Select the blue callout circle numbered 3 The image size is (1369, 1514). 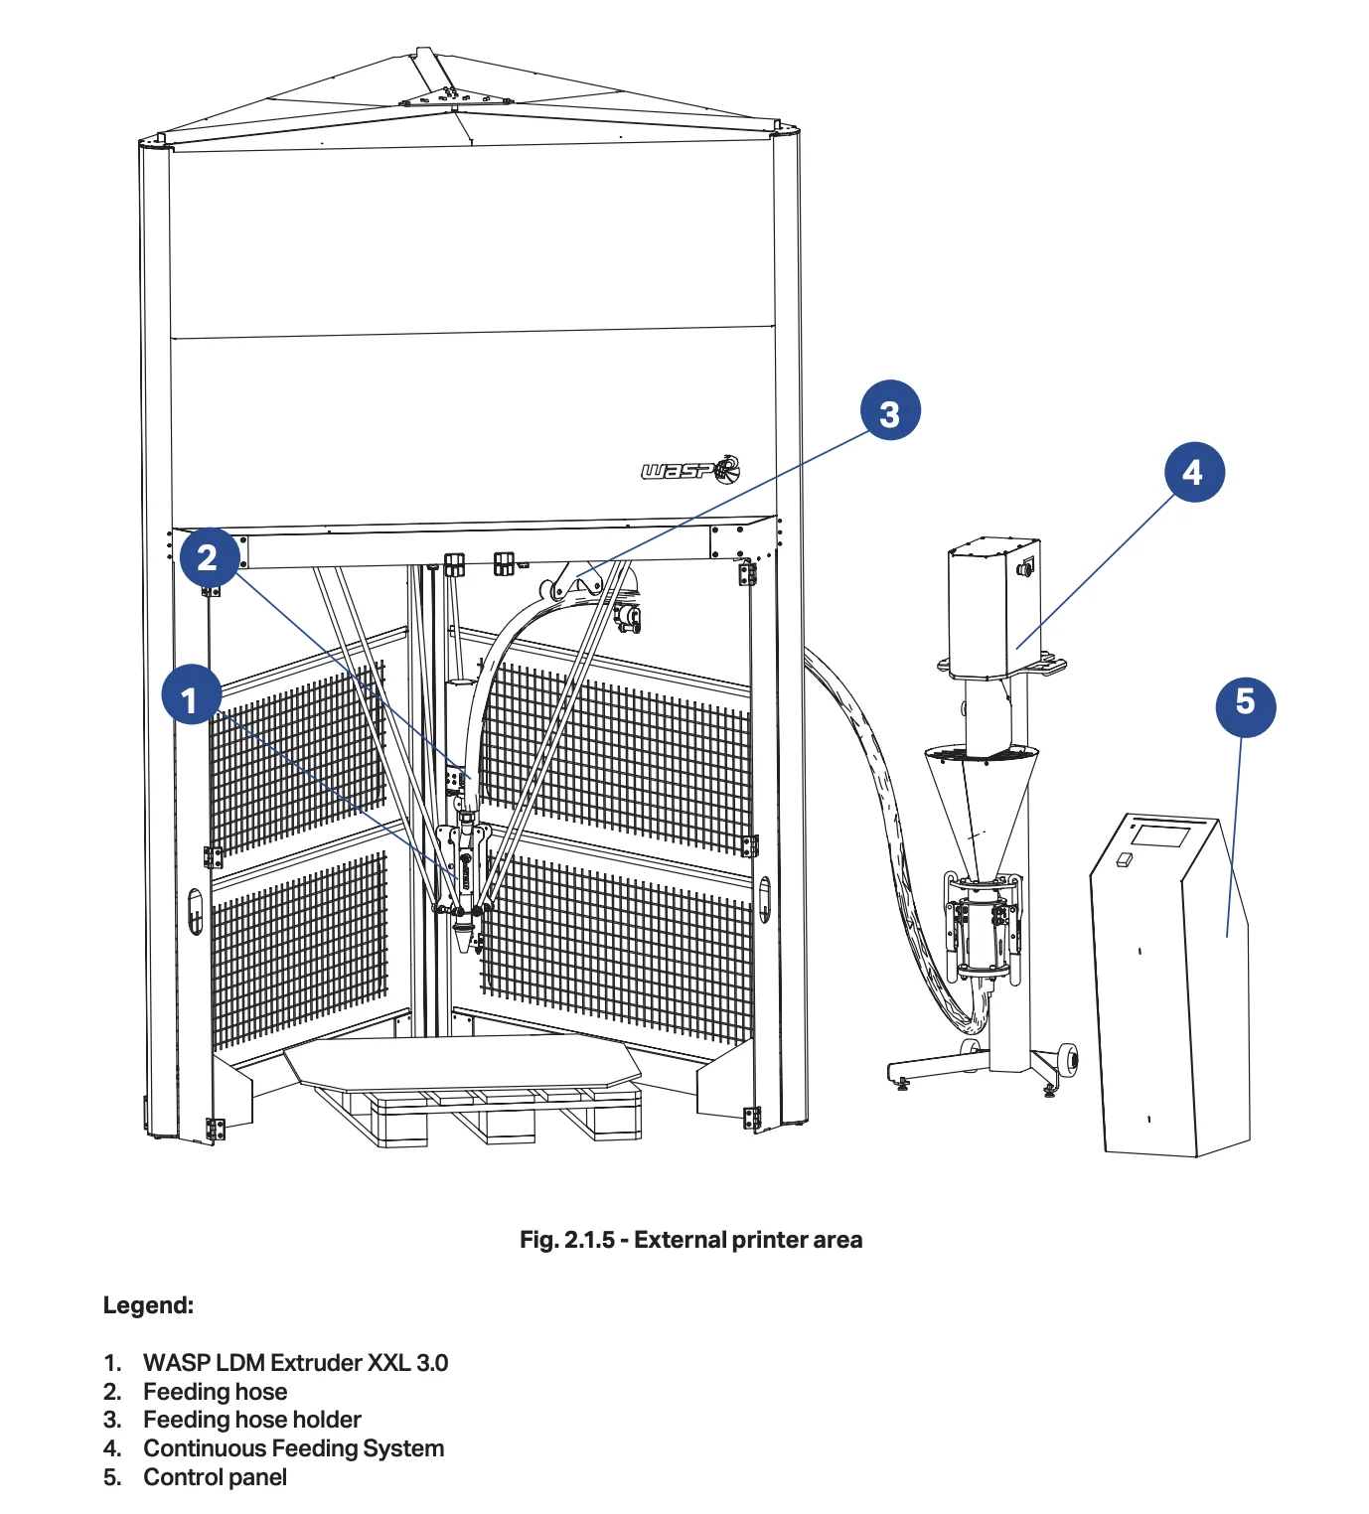click(889, 410)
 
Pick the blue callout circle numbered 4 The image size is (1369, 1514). click(1193, 472)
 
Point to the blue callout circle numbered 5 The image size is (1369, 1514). click(1245, 705)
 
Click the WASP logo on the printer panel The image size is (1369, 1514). click(690, 469)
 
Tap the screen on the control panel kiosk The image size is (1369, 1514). click(1160, 834)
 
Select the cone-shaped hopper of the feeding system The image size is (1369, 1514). click(979, 805)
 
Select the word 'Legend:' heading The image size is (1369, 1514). click(149, 1305)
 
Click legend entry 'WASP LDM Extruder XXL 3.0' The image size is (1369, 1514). click(295, 1362)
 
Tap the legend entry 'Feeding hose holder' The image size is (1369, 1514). click(252, 1420)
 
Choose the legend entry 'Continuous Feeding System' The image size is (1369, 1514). click(293, 1448)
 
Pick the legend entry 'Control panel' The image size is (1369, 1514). click(216, 1477)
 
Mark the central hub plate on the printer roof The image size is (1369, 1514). click(456, 97)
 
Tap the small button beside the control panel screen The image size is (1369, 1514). click(1124, 859)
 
